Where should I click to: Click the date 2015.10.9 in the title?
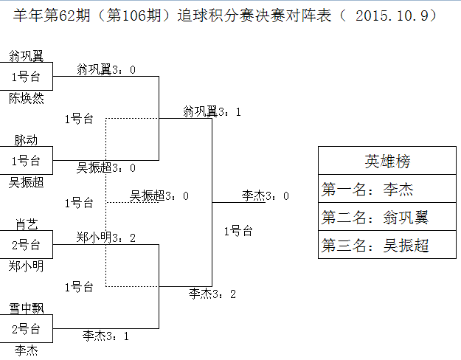[395, 15]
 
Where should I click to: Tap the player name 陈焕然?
[26, 97]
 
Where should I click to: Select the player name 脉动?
[26, 139]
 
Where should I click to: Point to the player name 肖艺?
[26, 224]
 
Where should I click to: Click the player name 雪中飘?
[26, 308]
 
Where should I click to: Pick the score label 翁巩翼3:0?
[106, 69]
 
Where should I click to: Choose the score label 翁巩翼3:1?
[212, 111]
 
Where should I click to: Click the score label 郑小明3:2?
[106, 237]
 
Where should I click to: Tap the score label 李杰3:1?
[106, 336]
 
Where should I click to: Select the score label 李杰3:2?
[212, 294]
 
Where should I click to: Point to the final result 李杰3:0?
[265, 195]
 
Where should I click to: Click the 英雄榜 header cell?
[387, 162]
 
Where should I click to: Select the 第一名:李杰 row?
[387, 190]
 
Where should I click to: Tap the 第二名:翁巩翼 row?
[387, 218]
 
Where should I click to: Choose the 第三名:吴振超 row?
[387, 246]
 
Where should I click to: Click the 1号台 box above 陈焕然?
[26, 76]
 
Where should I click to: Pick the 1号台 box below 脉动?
[26, 160]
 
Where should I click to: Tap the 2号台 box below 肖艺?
[26, 244]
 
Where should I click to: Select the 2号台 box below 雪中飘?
[26, 328]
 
